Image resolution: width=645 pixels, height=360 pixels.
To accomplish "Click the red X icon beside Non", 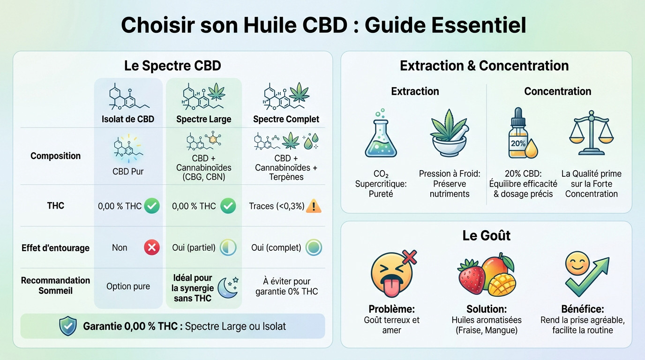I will (x=151, y=247).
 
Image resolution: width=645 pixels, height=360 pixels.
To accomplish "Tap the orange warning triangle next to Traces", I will (x=313, y=206).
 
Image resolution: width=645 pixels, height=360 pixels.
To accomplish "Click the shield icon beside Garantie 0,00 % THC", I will (x=68, y=326).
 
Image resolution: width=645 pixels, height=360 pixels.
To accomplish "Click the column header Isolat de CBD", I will (x=128, y=119).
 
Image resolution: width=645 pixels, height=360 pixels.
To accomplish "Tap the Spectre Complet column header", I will (x=286, y=119).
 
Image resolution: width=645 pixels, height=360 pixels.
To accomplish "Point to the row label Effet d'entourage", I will (x=55, y=248).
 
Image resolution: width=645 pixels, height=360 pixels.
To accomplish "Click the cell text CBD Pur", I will (x=128, y=172).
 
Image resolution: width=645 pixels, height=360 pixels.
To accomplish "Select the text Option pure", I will (x=128, y=286).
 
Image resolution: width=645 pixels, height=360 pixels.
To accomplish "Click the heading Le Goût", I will (x=486, y=235).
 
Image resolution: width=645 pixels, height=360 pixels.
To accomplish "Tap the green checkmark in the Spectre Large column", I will (x=228, y=206).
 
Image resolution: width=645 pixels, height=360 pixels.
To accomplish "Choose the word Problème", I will (x=391, y=309).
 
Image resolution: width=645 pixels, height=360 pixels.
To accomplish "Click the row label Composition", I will (x=55, y=156).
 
